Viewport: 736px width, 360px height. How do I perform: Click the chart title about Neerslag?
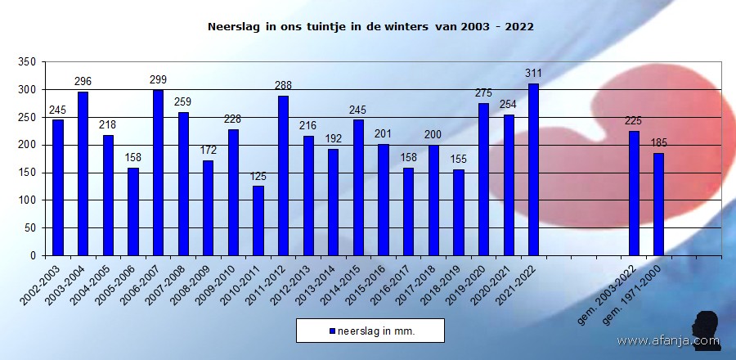coord(370,26)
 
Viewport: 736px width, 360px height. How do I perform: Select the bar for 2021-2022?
coord(533,169)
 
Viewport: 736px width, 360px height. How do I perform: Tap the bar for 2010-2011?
coord(258,221)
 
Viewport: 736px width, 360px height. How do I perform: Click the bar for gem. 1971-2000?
coord(658,204)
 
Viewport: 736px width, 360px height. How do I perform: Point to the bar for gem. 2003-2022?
coord(634,193)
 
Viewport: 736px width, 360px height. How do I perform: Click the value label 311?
coord(533,74)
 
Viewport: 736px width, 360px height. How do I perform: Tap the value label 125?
coord(258,177)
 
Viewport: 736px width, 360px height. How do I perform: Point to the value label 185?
coord(659,143)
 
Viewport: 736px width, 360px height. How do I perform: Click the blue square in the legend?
coord(332,331)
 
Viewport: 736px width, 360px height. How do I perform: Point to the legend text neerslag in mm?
coord(375,331)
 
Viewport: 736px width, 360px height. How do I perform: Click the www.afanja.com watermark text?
coord(667,341)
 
